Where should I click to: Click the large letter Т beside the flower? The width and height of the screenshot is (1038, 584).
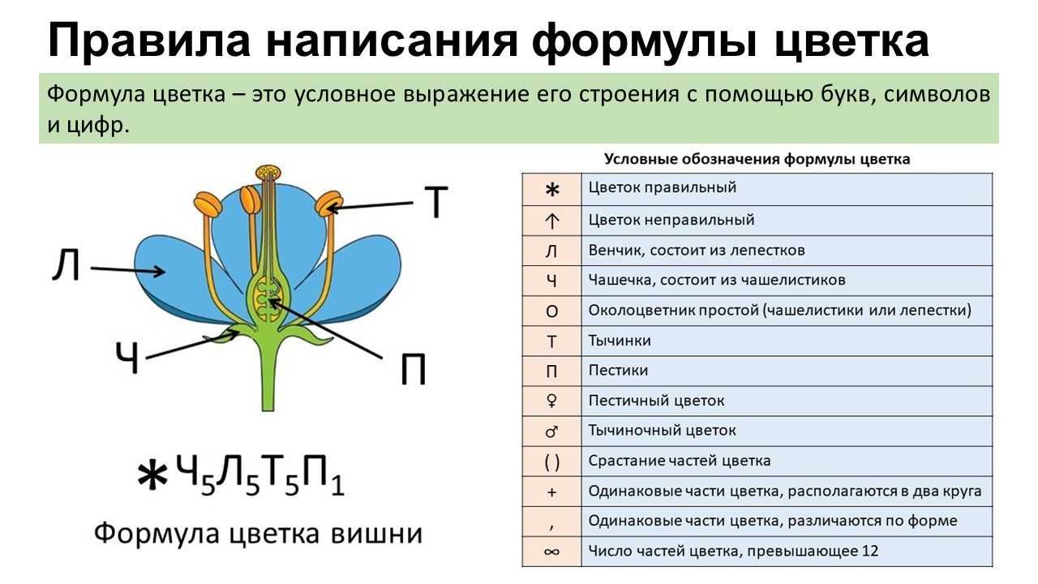tap(436, 202)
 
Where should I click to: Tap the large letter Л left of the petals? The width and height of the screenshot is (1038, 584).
tap(66, 264)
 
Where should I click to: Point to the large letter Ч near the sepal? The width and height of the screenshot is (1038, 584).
tap(127, 358)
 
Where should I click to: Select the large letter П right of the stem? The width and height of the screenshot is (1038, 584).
tap(413, 369)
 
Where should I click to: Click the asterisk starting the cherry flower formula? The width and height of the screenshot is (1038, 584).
tap(152, 475)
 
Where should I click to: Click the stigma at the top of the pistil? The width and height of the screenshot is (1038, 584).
tap(268, 172)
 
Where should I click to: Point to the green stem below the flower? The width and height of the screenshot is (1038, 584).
tap(268, 376)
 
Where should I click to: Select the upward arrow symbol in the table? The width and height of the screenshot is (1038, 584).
tap(551, 221)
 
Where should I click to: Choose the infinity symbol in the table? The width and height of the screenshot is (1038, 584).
tap(551, 552)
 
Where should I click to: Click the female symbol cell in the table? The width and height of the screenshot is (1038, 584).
tap(551, 401)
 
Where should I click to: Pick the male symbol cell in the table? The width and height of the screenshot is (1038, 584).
tap(551, 432)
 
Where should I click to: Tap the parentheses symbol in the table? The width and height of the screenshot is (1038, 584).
tap(551, 462)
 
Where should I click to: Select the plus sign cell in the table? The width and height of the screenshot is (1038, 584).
tap(551, 492)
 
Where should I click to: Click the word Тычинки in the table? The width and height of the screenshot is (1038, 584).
tap(620, 341)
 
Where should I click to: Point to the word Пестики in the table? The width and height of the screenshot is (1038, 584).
tap(618, 371)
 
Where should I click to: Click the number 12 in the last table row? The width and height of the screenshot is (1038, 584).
tap(870, 551)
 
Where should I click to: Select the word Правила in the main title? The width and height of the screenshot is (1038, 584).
tap(148, 41)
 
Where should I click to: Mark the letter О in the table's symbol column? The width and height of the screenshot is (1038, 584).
tap(551, 311)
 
